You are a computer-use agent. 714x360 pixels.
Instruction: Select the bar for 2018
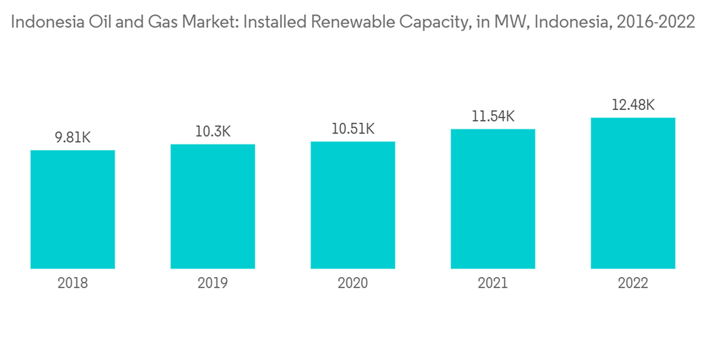(x=73, y=209)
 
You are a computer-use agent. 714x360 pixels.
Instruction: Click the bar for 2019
(x=213, y=206)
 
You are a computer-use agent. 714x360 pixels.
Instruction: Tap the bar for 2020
(x=353, y=205)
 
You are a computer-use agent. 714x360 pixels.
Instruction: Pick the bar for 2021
(x=493, y=199)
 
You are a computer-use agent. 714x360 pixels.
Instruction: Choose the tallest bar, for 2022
(x=633, y=193)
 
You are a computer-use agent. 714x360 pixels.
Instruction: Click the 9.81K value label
(x=73, y=138)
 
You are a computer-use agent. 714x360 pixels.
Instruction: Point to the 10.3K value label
(x=213, y=132)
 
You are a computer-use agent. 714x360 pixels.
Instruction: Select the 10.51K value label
(x=353, y=129)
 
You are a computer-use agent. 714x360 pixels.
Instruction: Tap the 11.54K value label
(x=493, y=116)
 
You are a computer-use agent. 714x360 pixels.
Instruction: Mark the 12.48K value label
(x=633, y=105)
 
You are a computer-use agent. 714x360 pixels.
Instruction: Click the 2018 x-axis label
(x=73, y=284)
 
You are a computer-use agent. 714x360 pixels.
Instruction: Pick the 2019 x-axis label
(x=213, y=284)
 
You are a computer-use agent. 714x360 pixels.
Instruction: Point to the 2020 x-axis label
(x=353, y=284)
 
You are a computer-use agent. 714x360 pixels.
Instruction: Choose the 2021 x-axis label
(x=493, y=284)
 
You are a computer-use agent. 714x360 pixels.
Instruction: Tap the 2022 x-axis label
(x=633, y=284)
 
